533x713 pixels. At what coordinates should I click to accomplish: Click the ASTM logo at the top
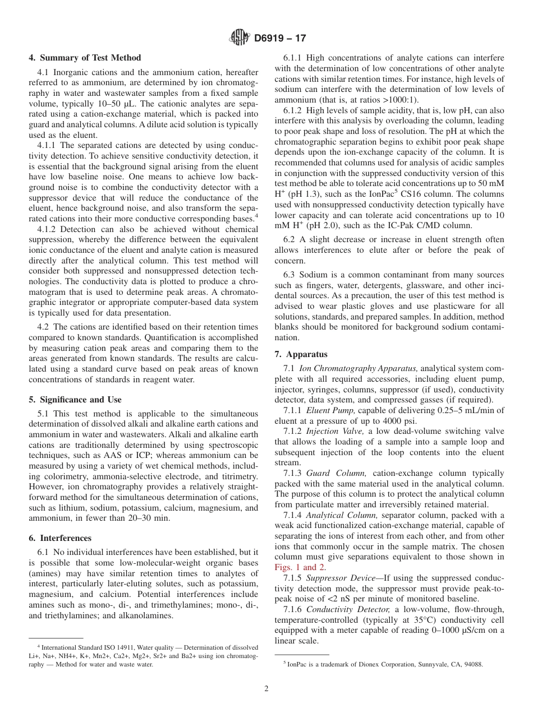point(240,38)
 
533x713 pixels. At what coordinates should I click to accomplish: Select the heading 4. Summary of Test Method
point(85,58)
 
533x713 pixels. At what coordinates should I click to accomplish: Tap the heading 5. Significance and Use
point(75,400)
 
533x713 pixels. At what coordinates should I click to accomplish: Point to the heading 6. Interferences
point(60,538)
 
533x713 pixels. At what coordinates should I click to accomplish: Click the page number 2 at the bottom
point(266,689)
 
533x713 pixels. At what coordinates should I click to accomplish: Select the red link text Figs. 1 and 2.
point(300,567)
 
